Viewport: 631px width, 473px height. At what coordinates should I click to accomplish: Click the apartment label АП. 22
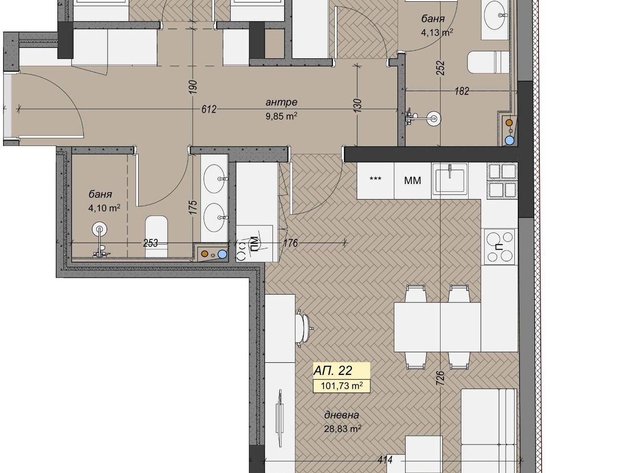coord(333,371)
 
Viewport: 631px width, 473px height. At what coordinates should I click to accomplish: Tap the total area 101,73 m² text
coord(342,386)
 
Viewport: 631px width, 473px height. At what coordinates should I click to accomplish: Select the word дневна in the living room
coord(342,415)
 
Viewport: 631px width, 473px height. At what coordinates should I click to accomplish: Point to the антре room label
coord(282,102)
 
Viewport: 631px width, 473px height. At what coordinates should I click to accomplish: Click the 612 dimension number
coord(209,109)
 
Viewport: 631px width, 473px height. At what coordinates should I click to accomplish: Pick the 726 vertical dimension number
coord(440,378)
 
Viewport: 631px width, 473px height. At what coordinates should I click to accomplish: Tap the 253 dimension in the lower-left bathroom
coord(150,243)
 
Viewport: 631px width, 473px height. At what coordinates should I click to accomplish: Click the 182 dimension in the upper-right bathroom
coord(462,91)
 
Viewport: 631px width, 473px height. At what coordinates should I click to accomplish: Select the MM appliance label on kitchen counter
coord(412,181)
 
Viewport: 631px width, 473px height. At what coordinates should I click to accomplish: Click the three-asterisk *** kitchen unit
coord(375,179)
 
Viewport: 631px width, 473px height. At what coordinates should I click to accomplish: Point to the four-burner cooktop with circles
coord(499,246)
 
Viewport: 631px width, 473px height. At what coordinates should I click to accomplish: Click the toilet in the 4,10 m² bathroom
coord(156,236)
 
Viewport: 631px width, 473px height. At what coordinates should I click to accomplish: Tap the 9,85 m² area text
coord(282,116)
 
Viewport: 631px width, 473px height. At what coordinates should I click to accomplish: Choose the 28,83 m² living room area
coord(342,429)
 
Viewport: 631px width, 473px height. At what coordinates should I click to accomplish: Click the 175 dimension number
coord(193,207)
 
